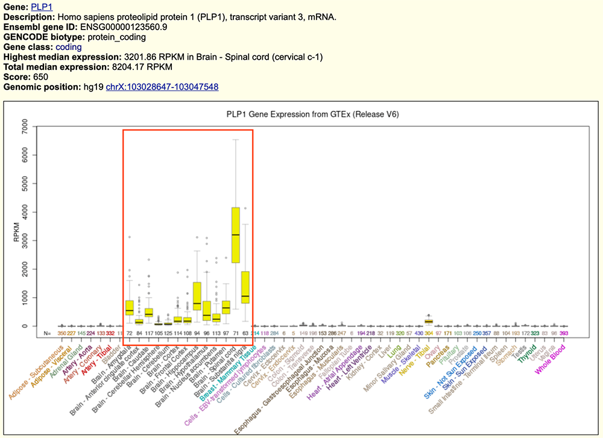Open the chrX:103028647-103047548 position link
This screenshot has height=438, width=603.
point(162,87)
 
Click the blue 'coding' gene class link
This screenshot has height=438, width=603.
point(68,47)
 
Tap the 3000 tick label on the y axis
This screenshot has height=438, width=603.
point(25,240)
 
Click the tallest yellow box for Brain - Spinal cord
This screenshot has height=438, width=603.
point(236,234)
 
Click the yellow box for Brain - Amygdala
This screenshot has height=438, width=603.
point(130,307)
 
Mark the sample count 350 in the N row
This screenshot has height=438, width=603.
point(62,333)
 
